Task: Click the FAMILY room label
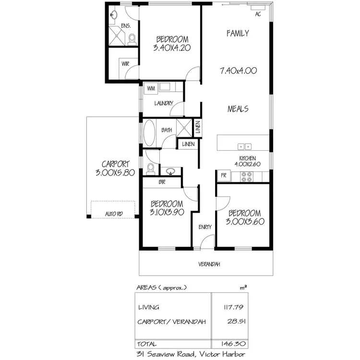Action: tap(238, 33)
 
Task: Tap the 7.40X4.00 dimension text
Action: tap(238, 70)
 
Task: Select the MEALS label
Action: tap(238, 109)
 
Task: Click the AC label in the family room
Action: tap(258, 14)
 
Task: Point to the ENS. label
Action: tap(126, 25)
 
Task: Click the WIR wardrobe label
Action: tap(125, 64)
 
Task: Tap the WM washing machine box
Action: tap(151, 88)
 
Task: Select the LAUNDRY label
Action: tap(163, 103)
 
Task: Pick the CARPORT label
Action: tap(114, 164)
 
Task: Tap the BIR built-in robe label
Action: tap(161, 182)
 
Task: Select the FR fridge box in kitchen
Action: tap(223, 176)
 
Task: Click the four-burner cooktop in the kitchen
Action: tap(246, 176)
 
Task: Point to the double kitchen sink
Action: tap(244, 146)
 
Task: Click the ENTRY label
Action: tap(205, 228)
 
